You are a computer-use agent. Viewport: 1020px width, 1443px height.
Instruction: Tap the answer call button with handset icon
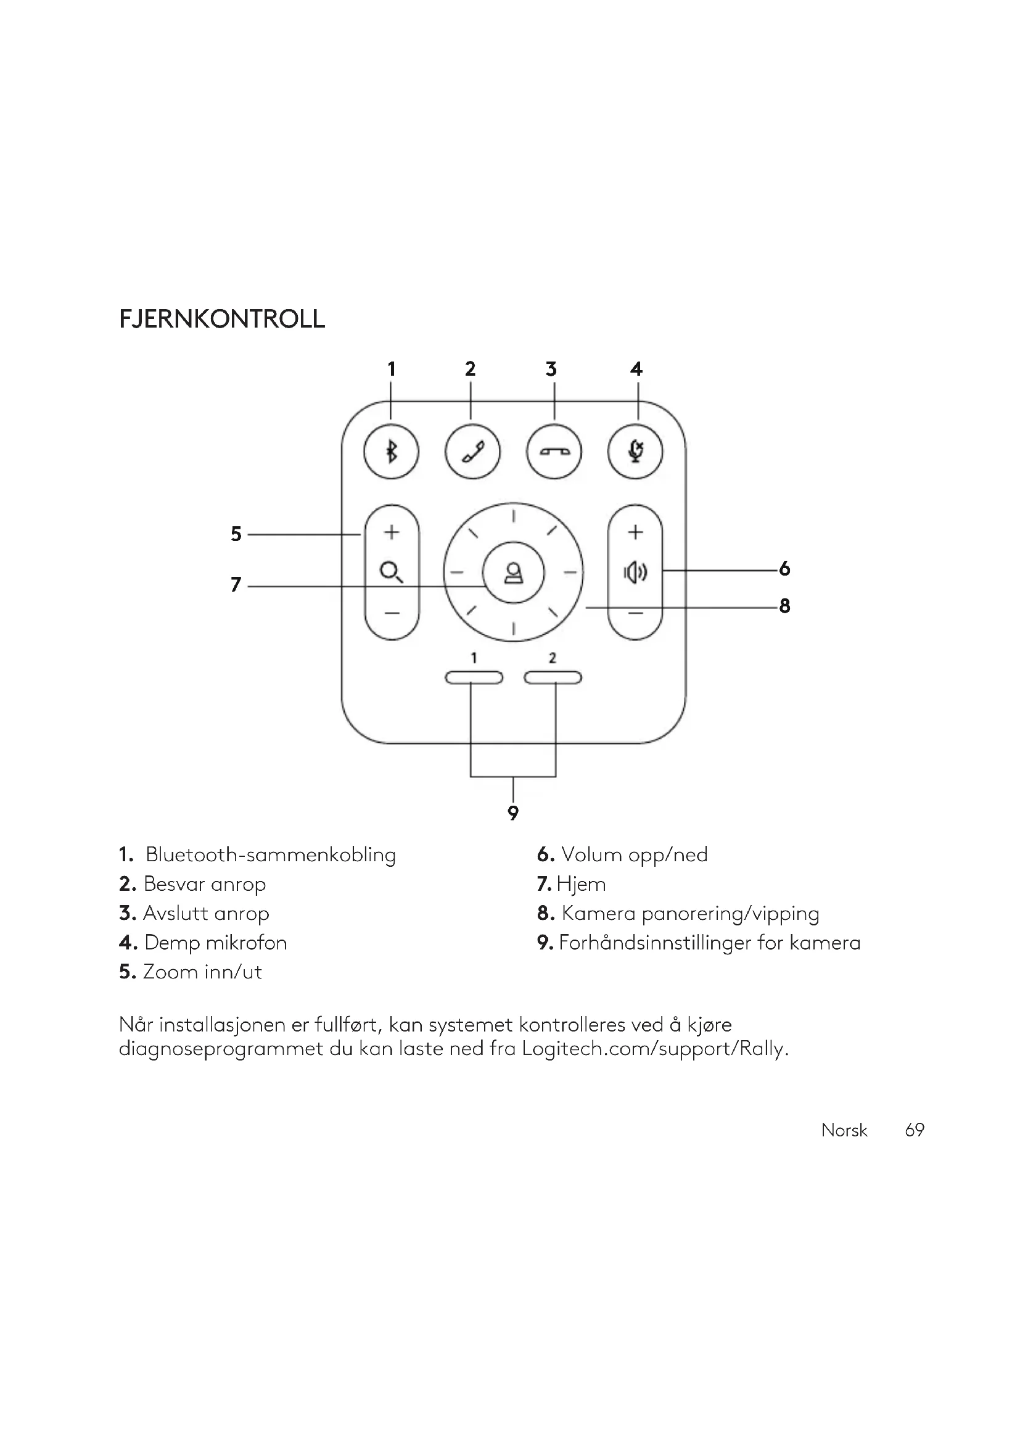(472, 451)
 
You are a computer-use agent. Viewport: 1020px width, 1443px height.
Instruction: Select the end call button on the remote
(554, 451)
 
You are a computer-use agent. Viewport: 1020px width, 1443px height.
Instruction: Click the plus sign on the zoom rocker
(392, 532)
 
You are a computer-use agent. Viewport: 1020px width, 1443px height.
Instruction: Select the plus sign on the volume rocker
(635, 532)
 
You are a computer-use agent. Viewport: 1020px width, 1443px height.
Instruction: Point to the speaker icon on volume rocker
(635, 573)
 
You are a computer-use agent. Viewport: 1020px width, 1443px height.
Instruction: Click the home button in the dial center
(513, 573)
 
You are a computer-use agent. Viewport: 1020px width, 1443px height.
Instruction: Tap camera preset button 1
(474, 677)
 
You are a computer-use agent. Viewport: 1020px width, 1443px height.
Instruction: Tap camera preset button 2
(553, 677)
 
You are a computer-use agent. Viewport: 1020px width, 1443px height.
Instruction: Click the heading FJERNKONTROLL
(222, 320)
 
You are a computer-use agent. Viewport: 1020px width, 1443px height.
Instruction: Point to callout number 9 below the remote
(513, 813)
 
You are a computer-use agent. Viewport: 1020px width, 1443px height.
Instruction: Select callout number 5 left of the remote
(236, 534)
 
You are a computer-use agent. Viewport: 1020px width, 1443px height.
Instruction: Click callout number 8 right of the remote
(784, 606)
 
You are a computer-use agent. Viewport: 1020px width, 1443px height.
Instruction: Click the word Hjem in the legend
(581, 884)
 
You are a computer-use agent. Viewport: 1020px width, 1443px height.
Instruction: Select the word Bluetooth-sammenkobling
(271, 854)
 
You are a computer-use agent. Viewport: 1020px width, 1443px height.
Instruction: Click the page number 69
(915, 1130)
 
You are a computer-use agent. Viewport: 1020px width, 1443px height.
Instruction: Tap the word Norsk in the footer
(844, 1130)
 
